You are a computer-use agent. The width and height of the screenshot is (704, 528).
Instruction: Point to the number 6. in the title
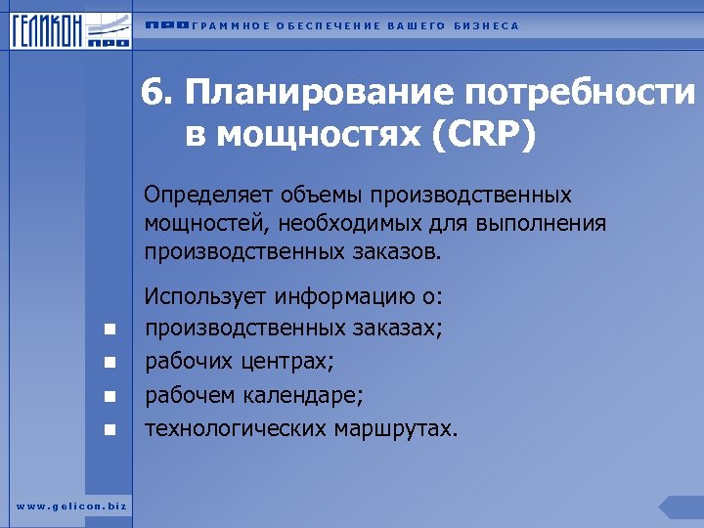pyautogui.click(x=155, y=95)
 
